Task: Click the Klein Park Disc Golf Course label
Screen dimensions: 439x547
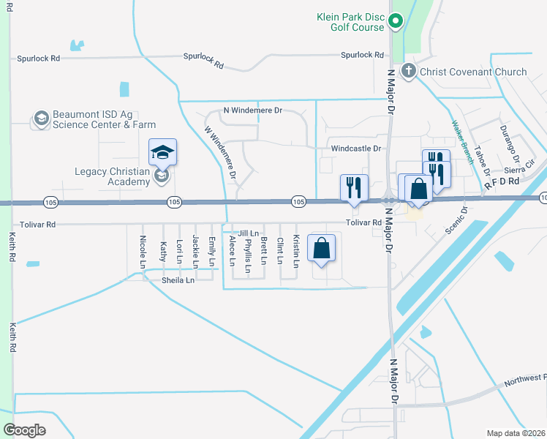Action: coord(350,21)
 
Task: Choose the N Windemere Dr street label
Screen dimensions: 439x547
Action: coord(252,110)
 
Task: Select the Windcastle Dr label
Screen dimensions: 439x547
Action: coord(356,149)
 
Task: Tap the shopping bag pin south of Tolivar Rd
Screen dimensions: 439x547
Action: coord(322,248)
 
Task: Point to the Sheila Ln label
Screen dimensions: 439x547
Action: coord(178,280)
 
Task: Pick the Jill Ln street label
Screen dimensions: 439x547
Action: coord(248,233)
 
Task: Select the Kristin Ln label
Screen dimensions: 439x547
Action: coord(296,249)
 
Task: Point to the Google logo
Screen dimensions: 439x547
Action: coord(25,429)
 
